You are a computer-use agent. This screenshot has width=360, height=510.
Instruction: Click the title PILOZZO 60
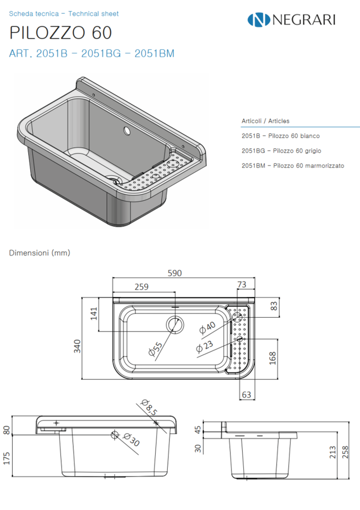click(61, 32)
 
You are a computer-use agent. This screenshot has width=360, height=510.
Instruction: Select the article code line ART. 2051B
click(92, 54)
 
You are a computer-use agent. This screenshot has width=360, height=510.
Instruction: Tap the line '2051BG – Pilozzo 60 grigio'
click(281, 151)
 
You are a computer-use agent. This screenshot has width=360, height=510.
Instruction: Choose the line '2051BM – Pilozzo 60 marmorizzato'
click(293, 166)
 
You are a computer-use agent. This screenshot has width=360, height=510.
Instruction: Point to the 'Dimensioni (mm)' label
click(40, 253)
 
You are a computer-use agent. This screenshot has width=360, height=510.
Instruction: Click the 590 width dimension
click(175, 273)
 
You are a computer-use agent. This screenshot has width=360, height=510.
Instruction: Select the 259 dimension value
click(141, 287)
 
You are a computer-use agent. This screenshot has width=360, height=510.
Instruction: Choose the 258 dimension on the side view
click(345, 452)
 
